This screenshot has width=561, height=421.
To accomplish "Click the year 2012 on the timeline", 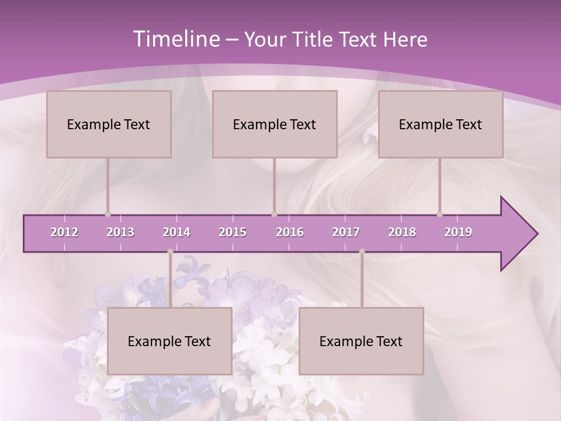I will tap(64, 232).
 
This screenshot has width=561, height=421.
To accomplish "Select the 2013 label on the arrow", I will tap(120, 232).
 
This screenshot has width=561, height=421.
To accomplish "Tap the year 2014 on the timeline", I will tap(176, 232).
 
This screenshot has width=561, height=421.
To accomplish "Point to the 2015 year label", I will tap(233, 232).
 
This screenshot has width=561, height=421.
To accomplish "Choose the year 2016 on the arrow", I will tap(290, 232).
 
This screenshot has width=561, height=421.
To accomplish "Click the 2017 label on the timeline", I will tap(346, 232).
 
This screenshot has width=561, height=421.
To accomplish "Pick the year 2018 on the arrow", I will tap(402, 232).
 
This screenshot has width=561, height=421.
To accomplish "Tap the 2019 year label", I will tap(458, 232).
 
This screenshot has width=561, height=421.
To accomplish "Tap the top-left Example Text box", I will tap(109, 124).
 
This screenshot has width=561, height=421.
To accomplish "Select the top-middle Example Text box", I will tap(275, 124).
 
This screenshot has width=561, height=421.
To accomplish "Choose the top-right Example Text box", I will tap(441, 124).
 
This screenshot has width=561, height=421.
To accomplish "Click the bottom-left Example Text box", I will tap(169, 341).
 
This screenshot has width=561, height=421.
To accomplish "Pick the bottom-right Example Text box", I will tap(361, 341).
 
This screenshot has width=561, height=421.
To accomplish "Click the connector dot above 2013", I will tap(108, 214).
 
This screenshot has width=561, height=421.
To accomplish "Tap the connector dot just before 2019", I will tap(440, 214).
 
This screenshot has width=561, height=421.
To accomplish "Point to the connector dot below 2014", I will tap(170, 251).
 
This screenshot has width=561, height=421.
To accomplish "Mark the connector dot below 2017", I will tap(362, 251).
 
